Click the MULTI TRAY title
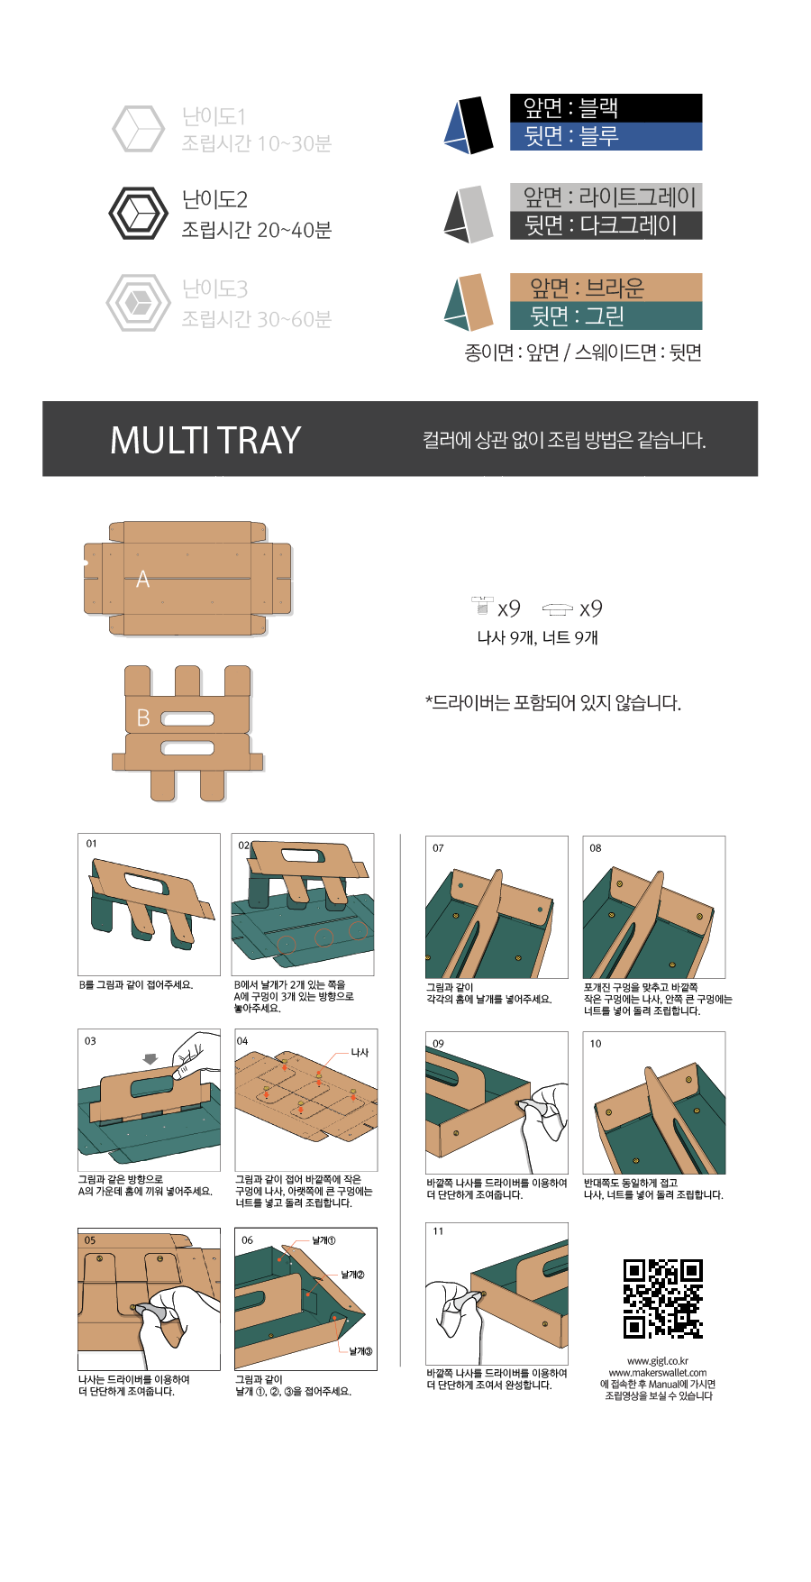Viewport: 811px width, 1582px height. [205, 440]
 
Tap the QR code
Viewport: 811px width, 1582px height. [663, 1299]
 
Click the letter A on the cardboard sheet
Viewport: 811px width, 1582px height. [142, 580]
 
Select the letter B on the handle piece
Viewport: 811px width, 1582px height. [142, 718]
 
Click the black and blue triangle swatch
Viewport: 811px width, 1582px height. [469, 124]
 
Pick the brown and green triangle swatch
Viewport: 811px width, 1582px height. [469, 303]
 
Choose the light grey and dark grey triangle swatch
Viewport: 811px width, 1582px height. [469, 214]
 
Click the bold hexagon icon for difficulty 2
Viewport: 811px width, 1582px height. [138, 214]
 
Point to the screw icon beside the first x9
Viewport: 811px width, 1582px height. [483, 605]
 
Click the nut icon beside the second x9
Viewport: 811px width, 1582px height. [558, 609]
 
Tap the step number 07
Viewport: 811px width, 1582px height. [438, 848]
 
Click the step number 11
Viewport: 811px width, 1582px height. [438, 1231]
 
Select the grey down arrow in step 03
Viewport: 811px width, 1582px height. [150, 1059]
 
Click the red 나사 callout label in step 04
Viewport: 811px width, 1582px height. [360, 1053]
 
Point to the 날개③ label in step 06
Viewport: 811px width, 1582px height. [360, 1351]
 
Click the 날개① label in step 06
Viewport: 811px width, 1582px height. [323, 1241]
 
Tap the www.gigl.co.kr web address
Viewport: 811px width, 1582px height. [658, 1361]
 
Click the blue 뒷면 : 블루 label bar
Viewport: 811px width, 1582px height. [606, 136]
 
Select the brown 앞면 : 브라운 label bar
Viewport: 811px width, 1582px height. [606, 288]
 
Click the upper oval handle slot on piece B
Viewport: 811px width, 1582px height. [187, 719]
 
